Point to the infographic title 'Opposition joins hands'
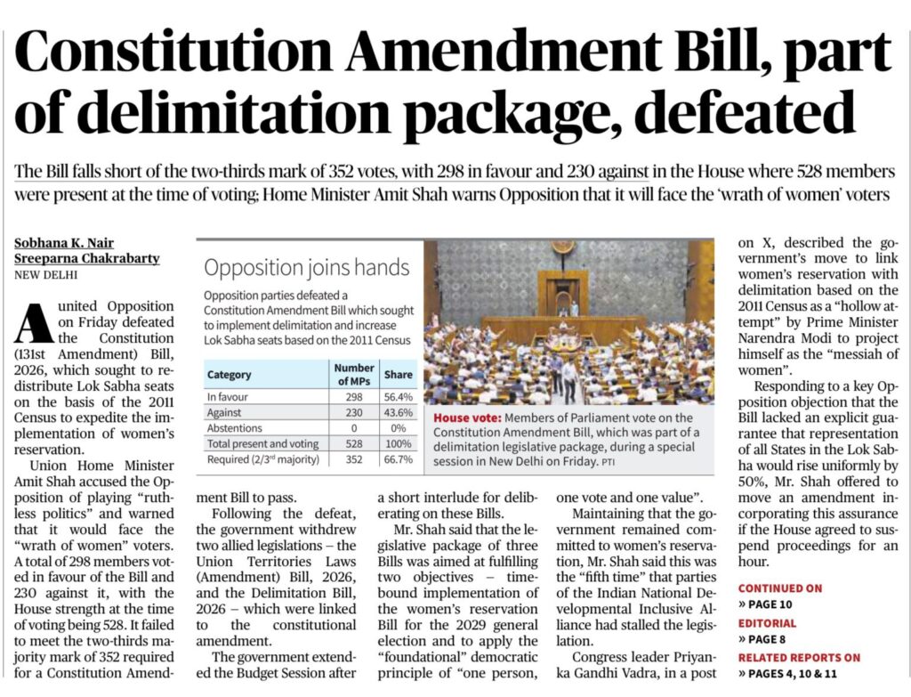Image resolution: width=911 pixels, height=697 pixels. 306,267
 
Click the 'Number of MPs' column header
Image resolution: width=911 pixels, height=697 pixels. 354,374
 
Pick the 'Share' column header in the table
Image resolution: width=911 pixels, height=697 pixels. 398,375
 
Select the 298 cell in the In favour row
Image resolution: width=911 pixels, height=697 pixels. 354,396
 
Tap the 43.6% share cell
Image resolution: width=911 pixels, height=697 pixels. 398,412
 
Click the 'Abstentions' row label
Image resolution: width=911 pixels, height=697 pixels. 236,428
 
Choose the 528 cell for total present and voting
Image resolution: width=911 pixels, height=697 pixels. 354,443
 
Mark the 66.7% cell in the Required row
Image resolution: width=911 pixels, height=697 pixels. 398,459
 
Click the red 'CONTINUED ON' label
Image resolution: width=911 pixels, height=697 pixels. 779,588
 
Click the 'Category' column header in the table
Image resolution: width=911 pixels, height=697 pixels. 230,375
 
